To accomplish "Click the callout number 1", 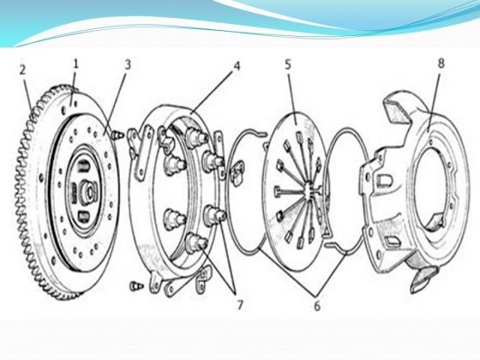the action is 75,63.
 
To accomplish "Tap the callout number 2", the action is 22,69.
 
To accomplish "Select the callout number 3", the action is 128,64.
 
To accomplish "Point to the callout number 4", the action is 237,65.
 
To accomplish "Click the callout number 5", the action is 288,64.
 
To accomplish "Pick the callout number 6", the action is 317,305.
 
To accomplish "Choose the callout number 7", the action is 239,304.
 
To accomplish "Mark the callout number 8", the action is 441,63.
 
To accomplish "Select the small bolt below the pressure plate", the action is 135,286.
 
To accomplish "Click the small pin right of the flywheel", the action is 118,135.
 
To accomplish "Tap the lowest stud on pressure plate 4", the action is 197,242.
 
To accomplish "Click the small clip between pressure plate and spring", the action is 237,175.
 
